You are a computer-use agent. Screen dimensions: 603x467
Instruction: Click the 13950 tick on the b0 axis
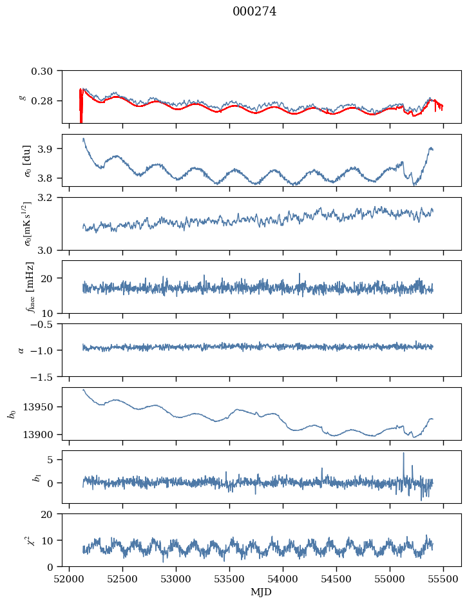tap(42, 407)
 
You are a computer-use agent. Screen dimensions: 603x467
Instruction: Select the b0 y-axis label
tap(12, 414)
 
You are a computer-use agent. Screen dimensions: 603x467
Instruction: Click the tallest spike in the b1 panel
tap(404, 453)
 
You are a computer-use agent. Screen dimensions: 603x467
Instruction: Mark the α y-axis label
tap(21, 350)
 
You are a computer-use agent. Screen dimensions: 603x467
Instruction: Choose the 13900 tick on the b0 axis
tap(42, 434)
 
